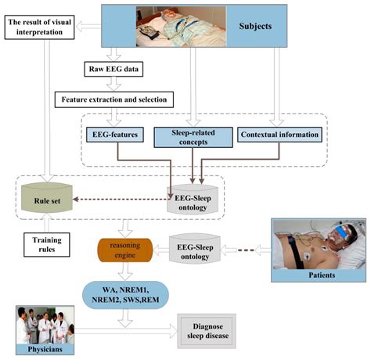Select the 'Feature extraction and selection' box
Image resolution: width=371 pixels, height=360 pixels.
pyautogui.click(x=113, y=99)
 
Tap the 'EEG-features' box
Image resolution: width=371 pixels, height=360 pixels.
pyautogui.click(x=113, y=135)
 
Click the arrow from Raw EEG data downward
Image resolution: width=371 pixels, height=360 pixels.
pyautogui.click(x=116, y=85)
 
